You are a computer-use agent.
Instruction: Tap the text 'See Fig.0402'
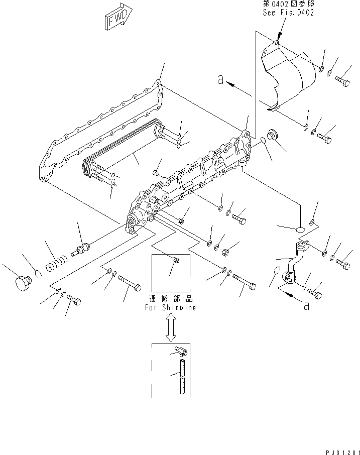point(288,13)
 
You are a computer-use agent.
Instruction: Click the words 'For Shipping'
point(171,307)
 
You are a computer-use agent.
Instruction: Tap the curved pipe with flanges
point(294,261)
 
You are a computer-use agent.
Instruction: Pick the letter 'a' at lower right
point(306,306)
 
